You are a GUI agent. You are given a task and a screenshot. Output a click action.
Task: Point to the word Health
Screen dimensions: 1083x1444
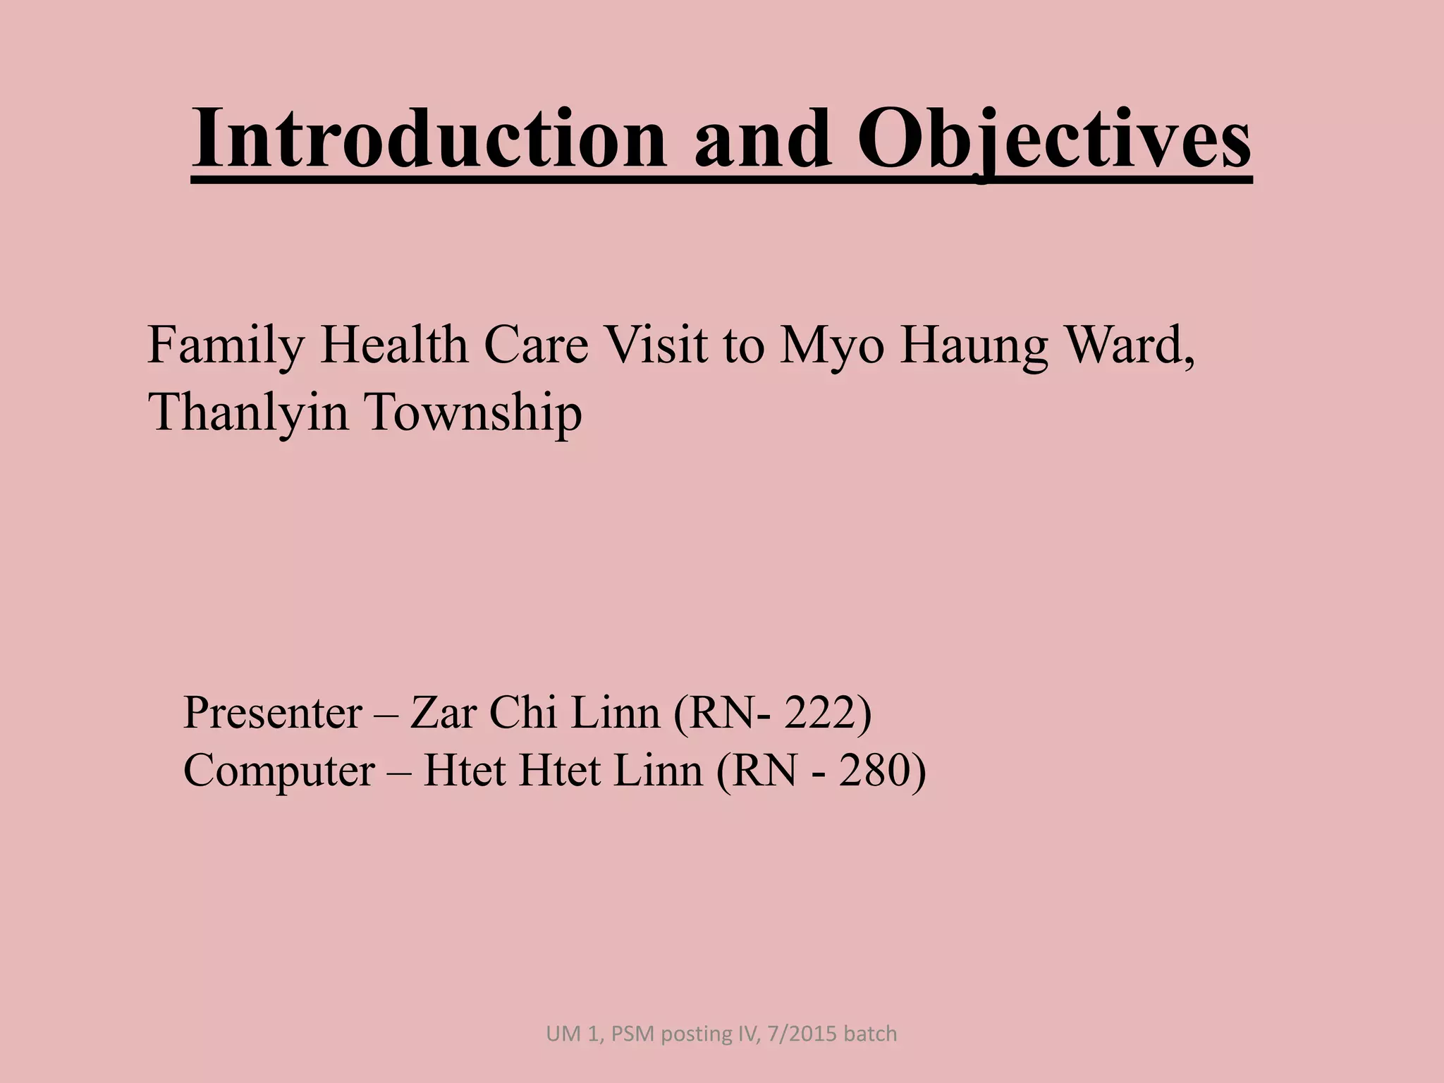click(394, 345)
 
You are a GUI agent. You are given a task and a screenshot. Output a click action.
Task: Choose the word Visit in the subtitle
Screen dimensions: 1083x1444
click(656, 345)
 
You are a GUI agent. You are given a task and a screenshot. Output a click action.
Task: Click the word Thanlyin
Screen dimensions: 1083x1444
click(248, 412)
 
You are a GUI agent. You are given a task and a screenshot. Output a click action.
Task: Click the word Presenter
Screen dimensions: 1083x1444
click(273, 713)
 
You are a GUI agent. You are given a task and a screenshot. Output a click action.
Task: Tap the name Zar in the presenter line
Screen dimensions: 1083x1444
click(443, 713)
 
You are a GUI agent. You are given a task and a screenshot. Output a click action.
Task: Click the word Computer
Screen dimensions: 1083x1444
click(279, 771)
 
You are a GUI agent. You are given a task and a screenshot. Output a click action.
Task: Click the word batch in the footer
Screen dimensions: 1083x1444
click(870, 1034)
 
